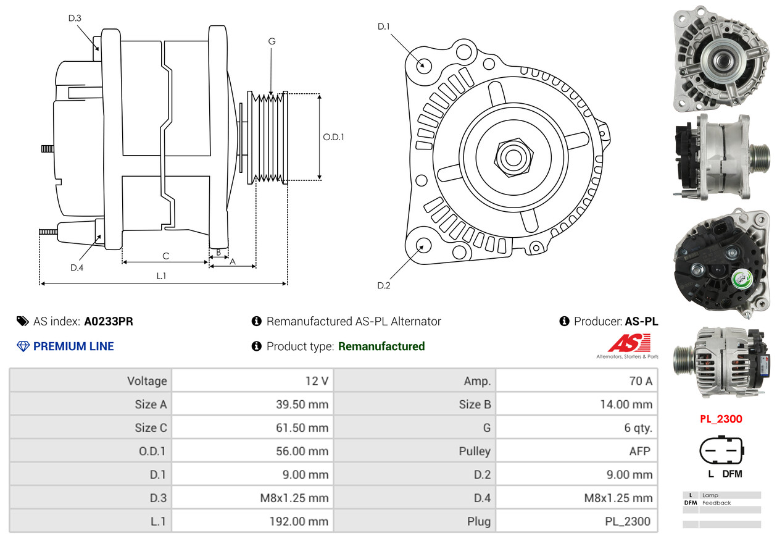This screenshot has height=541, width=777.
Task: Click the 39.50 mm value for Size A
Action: (302, 405)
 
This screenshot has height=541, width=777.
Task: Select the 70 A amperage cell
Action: (639, 381)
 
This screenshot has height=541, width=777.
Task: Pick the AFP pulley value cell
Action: (639, 451)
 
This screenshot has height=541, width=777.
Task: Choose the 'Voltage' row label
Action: (147, 381)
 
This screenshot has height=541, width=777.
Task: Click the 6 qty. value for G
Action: (638, 427)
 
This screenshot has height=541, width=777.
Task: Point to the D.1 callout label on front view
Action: (384, 27)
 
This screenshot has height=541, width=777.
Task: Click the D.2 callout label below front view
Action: (384, 285)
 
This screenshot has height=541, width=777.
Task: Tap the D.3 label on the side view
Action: (75, 19)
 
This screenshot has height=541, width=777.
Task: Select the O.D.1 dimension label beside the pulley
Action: (333, 137)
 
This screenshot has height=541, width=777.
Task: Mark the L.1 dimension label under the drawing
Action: (161, 276)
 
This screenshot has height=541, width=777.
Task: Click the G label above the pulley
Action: (272, 41)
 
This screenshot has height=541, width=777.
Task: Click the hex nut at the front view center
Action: (512, 156)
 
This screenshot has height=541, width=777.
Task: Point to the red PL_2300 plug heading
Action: (721, 419)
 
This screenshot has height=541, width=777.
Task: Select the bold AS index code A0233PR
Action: (109, 321)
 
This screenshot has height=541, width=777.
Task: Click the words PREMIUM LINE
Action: (73, 346)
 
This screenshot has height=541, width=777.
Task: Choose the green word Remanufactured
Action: (381, 346)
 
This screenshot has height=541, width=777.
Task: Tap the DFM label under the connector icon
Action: (732, 474)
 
